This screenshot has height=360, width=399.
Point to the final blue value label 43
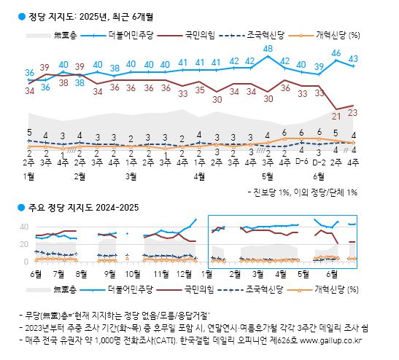[x=353, y=58]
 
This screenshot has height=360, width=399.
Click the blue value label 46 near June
[x=336, y=52]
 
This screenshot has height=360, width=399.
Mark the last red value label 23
[x=353, y=112]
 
